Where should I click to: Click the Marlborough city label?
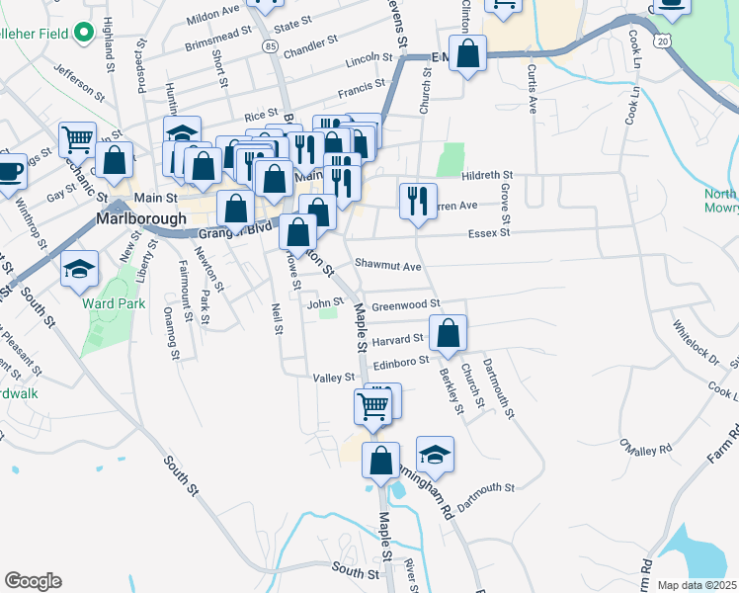point(141,217)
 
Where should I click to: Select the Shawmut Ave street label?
point(388,266)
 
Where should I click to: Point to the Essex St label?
point(489,234)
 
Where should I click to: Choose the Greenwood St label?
point(404,305)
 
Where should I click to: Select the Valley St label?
point(333,378)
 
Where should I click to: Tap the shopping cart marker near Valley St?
point(373,404)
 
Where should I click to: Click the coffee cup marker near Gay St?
point(9,170)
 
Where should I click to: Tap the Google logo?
point(33,581)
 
